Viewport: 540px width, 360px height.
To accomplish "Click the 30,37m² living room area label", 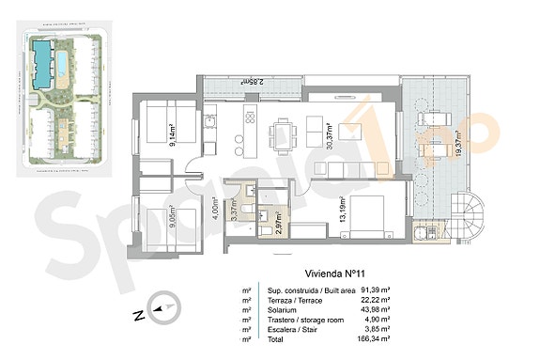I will [x=330, y=136].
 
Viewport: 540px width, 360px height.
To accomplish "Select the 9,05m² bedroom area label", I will [x=172, y=218].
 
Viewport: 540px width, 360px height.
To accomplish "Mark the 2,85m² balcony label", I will [x=249, y=83].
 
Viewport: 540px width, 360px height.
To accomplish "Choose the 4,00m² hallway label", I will [x=214, y=206].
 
